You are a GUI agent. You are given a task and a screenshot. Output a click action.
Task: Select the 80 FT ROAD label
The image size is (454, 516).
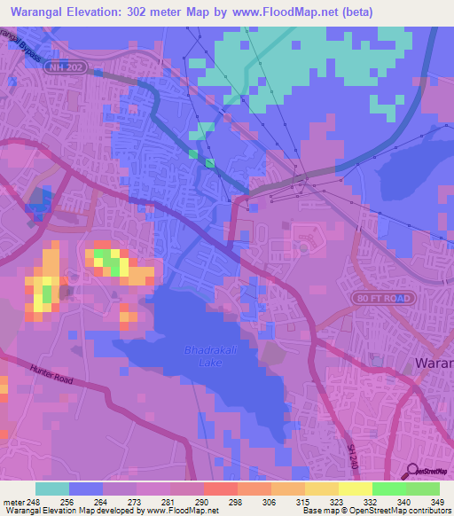point(382,298)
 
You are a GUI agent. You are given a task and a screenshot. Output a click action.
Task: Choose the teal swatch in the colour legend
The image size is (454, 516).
point(52,489)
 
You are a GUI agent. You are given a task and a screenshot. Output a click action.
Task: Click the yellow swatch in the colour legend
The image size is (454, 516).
point(355,489)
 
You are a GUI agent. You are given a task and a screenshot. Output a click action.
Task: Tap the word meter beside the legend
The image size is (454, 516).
point(13,501)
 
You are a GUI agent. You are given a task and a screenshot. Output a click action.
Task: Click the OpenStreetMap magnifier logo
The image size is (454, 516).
point(411,471)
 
